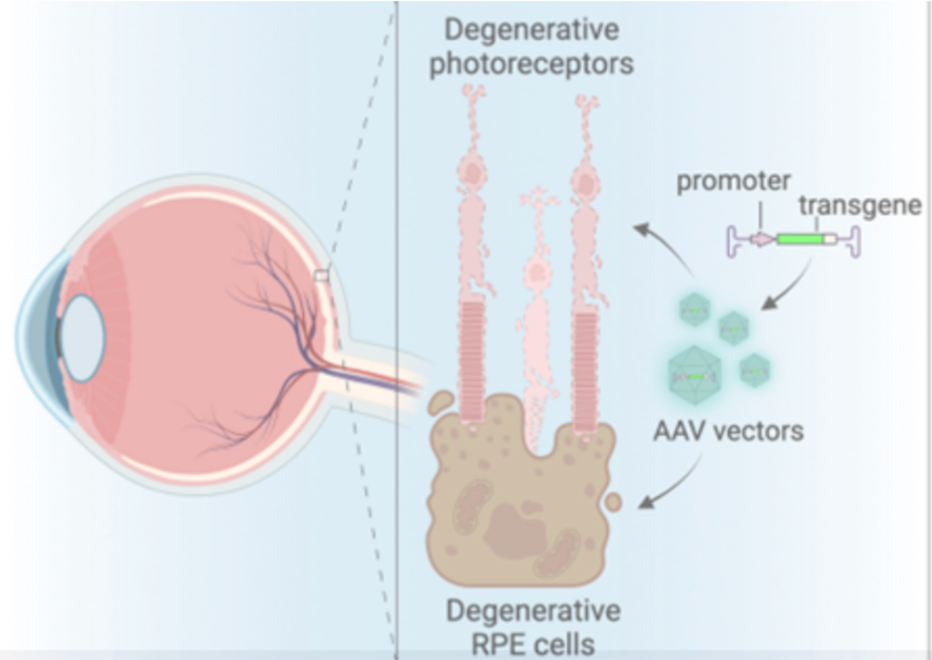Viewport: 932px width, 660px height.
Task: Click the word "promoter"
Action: [734, 181]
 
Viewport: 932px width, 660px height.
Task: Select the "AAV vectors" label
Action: [728, 430]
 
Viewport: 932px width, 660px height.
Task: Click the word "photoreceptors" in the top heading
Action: [532, 66]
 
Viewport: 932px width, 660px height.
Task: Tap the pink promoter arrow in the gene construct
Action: [761, 239]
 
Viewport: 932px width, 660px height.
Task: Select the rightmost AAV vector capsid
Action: [755, 370]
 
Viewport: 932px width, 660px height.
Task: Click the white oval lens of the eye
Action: [83, 338]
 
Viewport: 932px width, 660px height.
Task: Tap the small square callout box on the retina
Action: [320, 274]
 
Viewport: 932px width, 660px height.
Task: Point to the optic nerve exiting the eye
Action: [382, 375]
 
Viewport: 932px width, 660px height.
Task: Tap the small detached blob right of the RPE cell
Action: [614, 502]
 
